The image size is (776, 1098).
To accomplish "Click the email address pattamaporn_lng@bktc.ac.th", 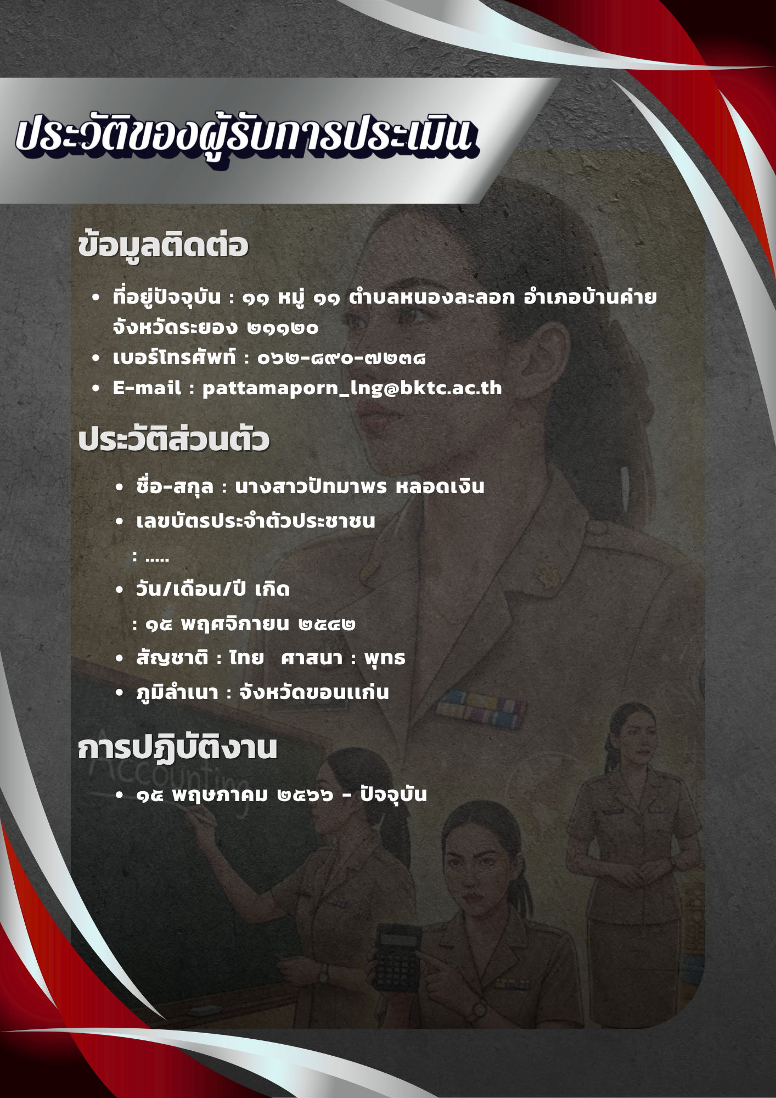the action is coord(352,388).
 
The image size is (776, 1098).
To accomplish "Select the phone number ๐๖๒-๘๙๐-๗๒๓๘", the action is coord(341,358).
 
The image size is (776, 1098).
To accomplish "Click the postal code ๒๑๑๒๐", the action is coord(283,328).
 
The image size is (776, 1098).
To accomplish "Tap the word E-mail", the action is coord(147,388).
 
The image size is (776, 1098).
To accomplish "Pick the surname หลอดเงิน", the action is coord(440,486).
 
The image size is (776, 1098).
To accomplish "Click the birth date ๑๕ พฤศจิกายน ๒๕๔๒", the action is coord(250,624).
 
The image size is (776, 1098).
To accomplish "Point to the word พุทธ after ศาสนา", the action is coord(385,658).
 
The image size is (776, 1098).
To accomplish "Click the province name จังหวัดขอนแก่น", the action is coord(314,692).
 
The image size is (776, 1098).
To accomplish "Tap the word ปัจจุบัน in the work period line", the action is coord(393,794).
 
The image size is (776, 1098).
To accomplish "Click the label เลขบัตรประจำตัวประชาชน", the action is coord(256,520).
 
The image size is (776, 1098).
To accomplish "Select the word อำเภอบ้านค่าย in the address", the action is coord(590,297).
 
